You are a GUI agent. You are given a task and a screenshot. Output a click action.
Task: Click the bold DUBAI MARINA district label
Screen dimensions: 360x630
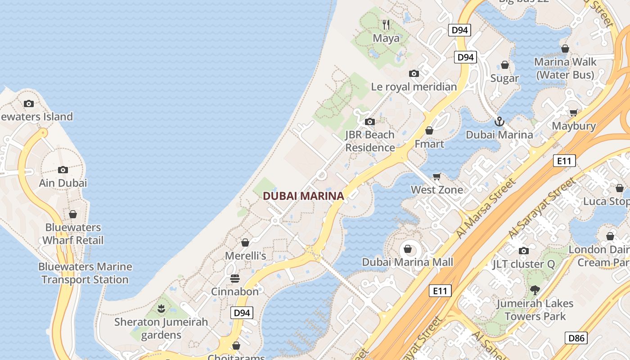click(x=303, y=196)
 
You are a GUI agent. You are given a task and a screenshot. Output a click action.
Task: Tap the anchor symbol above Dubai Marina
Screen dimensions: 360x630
click(x=499, y=121)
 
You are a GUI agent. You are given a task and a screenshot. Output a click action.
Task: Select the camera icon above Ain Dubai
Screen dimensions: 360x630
click(x=63, y=170)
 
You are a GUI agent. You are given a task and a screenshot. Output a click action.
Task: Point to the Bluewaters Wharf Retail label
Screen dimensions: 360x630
click(x=73, y=234)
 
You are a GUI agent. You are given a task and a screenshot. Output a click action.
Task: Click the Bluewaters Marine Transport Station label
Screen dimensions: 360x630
click(x=85, y=273)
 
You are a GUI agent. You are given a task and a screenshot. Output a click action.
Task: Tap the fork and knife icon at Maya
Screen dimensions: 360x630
click(x=386, y=24)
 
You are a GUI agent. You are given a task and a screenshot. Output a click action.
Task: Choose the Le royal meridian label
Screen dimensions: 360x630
click(x=414, y=87)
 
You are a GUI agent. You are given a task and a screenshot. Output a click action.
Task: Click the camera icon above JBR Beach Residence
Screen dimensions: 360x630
click(x=370, y=121)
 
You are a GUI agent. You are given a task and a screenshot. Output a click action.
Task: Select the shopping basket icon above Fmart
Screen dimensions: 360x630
click(x=429, y=130)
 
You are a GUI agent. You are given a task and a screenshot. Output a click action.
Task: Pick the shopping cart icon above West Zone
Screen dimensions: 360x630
click(x=436, y=176)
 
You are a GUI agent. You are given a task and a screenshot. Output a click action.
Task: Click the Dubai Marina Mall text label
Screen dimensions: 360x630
click(x=408, y=262)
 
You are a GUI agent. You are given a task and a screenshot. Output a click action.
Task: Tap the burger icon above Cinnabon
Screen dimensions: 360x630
click(x=235, y=278)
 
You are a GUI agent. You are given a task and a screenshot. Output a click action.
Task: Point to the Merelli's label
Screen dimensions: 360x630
click(x=245, y=256)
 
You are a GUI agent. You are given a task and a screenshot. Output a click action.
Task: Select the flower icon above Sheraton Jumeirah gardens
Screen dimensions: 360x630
click(x=161, y=309)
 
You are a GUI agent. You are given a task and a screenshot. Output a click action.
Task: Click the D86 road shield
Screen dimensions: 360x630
click(x=576, y=337)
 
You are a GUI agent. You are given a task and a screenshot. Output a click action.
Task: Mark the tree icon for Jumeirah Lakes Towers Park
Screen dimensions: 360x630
click(x=535, y=290)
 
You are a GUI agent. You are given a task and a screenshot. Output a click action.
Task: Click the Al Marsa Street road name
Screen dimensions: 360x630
click(x=486, y=208)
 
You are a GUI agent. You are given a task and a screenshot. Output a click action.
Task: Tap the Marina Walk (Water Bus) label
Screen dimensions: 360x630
click(x=565, y=68)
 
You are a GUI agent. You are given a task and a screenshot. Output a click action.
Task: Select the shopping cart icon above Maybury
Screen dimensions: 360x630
click(x=574, y=112)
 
